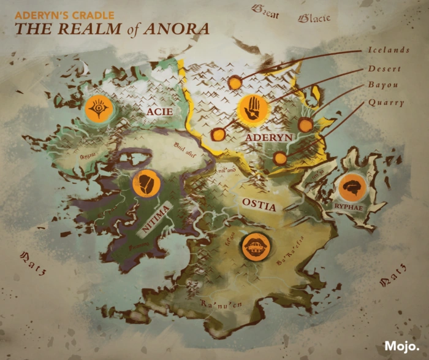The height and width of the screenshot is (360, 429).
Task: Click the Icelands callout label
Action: [389, 50]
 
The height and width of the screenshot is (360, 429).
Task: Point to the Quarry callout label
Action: [385, 102]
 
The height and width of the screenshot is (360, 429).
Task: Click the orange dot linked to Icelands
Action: [235, 82]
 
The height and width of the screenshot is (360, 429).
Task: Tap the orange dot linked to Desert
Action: [217, 134]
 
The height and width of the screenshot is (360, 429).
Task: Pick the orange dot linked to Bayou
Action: [305, 125]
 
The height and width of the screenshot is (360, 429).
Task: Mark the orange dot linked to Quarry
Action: [280, 158]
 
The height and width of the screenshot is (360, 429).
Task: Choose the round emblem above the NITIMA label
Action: [146, 184]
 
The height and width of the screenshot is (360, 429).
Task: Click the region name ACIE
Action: [159, 112]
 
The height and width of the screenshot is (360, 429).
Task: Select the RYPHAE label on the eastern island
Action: [347, 207]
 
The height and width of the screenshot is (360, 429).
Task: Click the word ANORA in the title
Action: [180, 28]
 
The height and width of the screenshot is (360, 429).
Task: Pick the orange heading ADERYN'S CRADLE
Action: [64, 13]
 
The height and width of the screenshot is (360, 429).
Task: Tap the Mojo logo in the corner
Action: [402, 346]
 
